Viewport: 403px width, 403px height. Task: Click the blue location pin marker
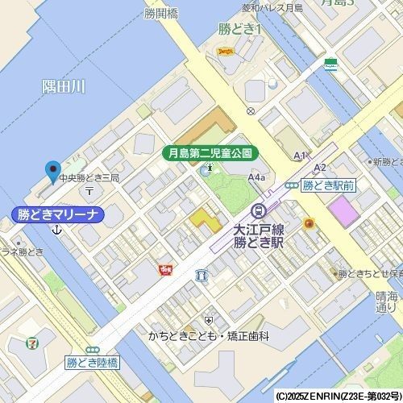pos(53,171)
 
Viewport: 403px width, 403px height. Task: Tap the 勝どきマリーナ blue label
pos(58,214)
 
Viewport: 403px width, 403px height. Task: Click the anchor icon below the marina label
pos(56,231)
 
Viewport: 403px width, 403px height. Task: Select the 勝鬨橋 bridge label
pos(161,14)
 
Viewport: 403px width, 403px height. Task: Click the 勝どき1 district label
pos(241,30)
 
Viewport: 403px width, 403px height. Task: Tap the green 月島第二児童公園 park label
pos(208,152)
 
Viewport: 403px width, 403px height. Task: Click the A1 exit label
pos(301,155)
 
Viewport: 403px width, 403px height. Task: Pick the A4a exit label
pos(257,177)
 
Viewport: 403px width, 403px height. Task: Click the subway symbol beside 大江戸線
pos(258,212)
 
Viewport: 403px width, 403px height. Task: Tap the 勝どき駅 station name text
pos(256,241)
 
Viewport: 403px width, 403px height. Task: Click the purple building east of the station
pos(343,213)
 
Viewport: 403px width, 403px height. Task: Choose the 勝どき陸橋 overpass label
pos(92,364)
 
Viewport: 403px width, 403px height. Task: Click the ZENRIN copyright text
pos(338,397)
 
